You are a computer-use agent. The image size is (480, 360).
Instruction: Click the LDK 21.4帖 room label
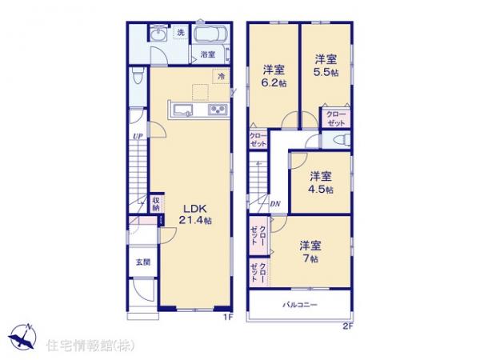click(x=194, y=212)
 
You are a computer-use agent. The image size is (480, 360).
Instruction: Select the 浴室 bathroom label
click(x=207, y=55)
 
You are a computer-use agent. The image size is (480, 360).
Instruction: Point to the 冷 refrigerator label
click(x=219, y=75)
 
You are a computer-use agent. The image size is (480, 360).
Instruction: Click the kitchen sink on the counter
click(x=180, y=110)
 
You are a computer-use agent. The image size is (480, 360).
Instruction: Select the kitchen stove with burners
click(x=218, y=110)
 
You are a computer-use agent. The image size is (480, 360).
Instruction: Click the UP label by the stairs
click(x=138, y=137)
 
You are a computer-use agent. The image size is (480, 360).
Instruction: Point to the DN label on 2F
click(x=274, y=204)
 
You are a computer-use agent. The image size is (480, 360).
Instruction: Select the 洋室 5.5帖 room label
click(x=324, y=64)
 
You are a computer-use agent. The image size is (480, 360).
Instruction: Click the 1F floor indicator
click(x=227, y=318)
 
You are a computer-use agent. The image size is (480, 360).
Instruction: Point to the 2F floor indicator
click(x=347, y=325)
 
